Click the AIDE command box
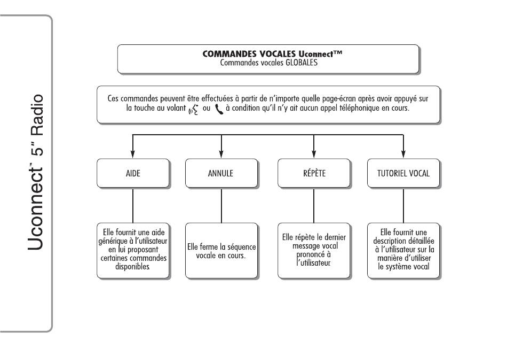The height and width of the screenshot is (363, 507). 133,173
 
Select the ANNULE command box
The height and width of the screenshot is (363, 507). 221,173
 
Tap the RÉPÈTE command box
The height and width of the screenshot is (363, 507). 314,173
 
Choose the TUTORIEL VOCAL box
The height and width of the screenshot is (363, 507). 403,173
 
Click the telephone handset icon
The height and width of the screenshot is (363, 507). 219,110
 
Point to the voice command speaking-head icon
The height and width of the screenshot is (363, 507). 193,110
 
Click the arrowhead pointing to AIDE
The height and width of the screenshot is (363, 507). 132,154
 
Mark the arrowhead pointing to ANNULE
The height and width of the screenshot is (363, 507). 221,154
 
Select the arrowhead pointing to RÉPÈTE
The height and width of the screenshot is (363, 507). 314,154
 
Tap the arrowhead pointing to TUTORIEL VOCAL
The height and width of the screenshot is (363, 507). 403,154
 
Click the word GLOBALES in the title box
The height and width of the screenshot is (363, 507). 302,63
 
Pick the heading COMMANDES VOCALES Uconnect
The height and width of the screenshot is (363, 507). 272,54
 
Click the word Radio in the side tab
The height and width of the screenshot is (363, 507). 37,115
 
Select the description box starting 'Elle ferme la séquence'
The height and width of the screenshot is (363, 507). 221,251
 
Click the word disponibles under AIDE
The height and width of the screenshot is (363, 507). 132,267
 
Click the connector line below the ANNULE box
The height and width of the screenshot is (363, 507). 221,206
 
